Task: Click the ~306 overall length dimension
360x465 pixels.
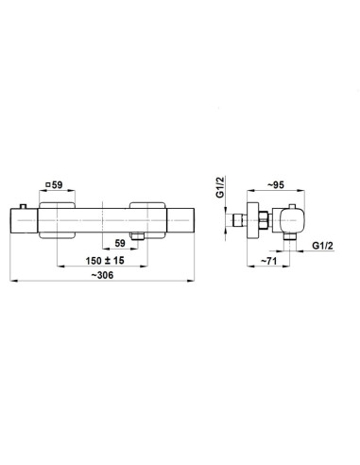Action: tap(102, 275)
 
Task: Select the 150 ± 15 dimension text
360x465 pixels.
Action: tap(105, 261)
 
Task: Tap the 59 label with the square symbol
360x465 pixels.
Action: tap(54, 185)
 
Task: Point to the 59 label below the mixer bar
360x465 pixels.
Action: tap(120, 243)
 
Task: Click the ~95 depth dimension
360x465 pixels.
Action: tap(276, 185)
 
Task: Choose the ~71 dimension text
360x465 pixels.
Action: tap(268, 261)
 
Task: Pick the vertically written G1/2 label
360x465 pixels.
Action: tap(220, 187)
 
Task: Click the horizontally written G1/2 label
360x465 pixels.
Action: tap(322, 246)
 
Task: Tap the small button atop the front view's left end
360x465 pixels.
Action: tap(23, 206)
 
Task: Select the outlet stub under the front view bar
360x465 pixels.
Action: tap(137, 236)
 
